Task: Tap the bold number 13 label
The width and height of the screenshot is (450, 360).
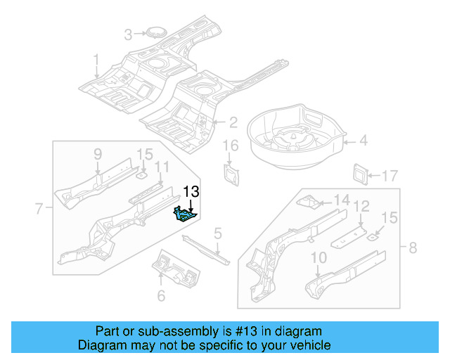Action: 191,191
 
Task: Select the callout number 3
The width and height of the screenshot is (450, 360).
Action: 128,34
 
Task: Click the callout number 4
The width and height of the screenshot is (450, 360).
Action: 363,141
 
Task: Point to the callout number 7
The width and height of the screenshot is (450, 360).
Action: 39,207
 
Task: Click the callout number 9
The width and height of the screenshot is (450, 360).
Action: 98,154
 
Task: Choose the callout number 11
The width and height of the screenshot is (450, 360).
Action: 162,167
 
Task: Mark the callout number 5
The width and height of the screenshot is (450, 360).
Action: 218,233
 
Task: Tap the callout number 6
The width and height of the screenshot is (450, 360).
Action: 161,296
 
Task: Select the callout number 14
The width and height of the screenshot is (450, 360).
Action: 341,200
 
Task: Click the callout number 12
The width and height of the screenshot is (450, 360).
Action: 361,206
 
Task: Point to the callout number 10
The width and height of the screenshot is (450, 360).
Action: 319,257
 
